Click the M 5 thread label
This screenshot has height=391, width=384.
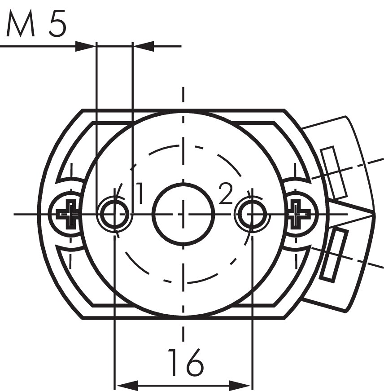pos(36,23)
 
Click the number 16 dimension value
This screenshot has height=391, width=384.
pos(186,362)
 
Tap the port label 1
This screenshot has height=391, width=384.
pos(140,193)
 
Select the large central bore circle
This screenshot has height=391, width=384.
pos(183,214)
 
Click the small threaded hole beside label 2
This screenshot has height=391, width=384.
pos(252,214)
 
